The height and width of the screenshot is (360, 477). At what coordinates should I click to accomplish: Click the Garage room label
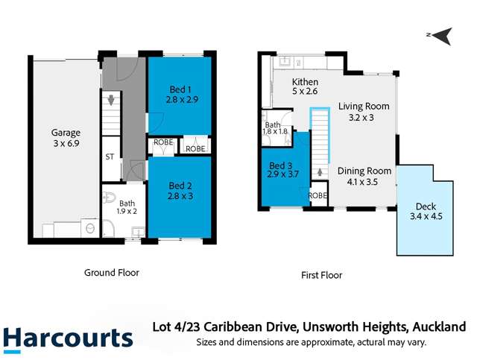(66, 133)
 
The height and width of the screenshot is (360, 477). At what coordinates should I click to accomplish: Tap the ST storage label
(110, 157)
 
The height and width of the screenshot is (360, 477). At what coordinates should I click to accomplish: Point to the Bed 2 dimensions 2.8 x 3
(180, 195)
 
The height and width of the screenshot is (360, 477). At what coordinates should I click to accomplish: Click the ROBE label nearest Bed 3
(318, 195)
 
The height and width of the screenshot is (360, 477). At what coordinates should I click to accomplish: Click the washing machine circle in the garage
(90, 229)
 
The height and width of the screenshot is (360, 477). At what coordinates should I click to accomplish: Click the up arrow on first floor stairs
(320, 172)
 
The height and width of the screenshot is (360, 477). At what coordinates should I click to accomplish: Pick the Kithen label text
(305, 82)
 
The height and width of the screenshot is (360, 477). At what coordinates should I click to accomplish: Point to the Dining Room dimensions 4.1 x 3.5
(363, 180)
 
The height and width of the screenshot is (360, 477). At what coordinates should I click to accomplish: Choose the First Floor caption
(321, 275)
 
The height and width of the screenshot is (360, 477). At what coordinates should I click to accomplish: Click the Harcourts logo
(68, 338)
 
